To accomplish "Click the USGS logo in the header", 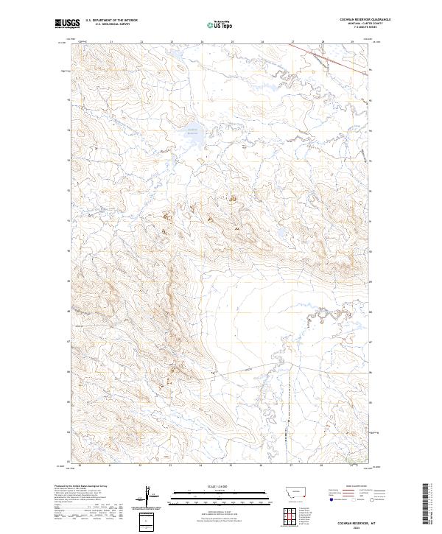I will pos(68,24).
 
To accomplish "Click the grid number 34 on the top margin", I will pos(202,42).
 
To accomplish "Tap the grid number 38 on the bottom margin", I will pos(322,466).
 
